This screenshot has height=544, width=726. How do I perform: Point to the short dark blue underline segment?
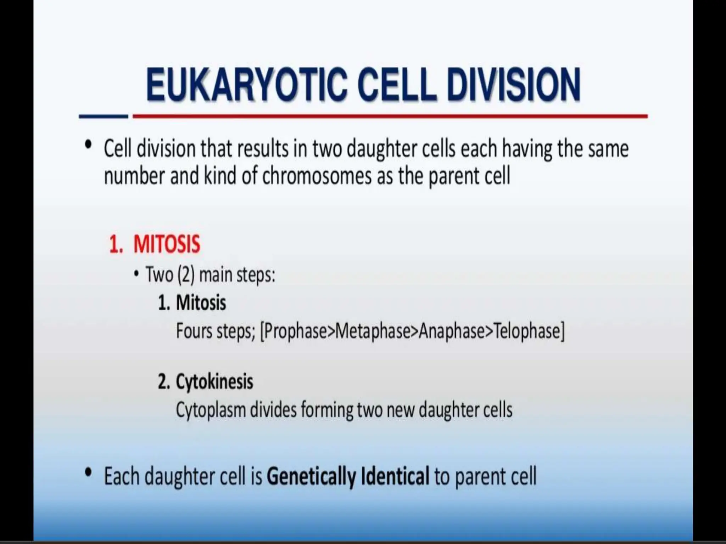103,116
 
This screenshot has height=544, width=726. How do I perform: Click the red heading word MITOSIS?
167,244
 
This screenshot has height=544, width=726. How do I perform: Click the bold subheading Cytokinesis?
214,382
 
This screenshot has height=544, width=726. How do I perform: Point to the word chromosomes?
317,176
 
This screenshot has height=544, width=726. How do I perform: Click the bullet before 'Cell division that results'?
88,146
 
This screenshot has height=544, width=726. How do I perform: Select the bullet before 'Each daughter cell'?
88,473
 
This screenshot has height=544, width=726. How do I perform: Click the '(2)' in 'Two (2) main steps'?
186,275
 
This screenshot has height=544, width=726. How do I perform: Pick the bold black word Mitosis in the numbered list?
201,303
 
